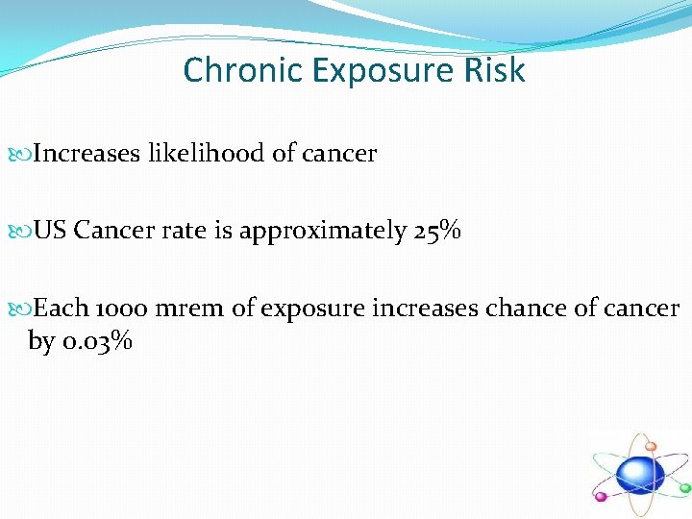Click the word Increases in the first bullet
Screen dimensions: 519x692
click(87, 153)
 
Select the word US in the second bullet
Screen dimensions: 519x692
click(50, 232)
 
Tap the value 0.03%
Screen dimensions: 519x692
click(97, 340)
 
